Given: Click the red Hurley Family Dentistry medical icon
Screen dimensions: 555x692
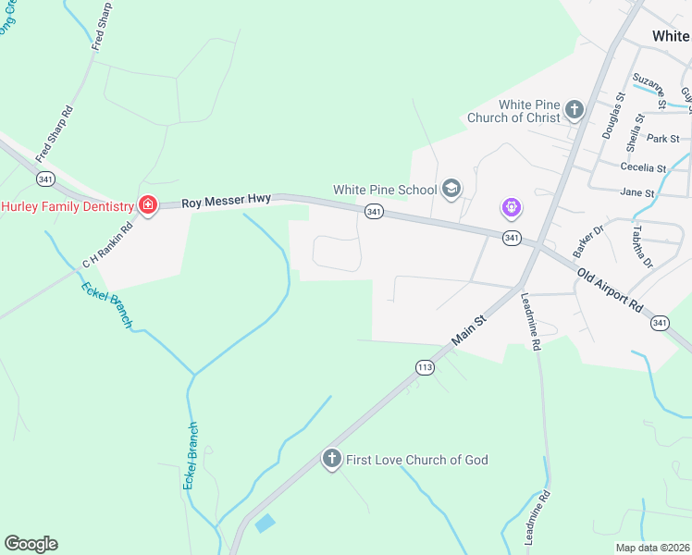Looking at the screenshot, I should (147, 205).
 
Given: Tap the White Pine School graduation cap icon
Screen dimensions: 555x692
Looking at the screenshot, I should (451, 190).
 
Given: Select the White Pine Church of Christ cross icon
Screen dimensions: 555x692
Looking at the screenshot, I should (574, 110).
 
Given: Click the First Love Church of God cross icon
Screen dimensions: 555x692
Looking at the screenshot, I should (332, 459).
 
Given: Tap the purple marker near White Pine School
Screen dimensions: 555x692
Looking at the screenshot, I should (512, 208).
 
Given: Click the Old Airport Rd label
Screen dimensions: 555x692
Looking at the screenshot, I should (610, 290).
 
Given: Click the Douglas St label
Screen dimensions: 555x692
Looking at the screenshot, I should (614, 115).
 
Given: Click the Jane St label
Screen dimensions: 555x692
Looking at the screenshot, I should (637, 193).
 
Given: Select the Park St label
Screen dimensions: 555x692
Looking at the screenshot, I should (662, 139).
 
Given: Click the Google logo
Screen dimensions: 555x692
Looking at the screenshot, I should (31, 544).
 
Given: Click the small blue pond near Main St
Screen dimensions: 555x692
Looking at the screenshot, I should (265, 524).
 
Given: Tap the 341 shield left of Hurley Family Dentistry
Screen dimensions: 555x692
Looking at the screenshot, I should (44, 178).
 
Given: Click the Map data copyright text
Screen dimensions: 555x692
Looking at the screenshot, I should (653, 548).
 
